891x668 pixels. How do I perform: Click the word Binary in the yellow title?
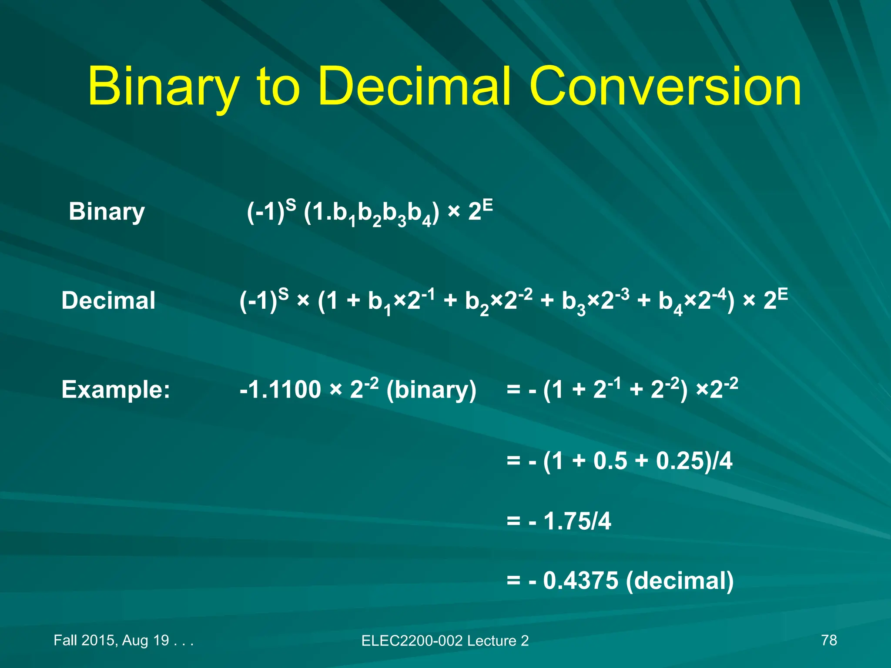(x=164, y=87)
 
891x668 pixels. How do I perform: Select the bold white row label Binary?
(x=107, y=212)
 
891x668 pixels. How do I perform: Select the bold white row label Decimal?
(x=108, y=301)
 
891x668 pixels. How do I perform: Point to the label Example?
(x=116, y=389)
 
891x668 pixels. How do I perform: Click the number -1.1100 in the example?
(x=280, y=389)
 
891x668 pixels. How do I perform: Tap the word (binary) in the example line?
(x=431, y=390)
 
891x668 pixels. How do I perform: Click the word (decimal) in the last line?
(x=680, y=581)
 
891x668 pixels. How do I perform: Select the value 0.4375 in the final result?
(x=581, y=581)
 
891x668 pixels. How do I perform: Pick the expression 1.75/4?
(x=577, y=521)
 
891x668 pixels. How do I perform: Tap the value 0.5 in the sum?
(x=610, y=461)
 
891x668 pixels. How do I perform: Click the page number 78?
(x=829, y=640)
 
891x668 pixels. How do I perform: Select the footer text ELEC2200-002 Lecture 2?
(x=445, y=641)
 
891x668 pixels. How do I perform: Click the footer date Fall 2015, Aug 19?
(x=111, y=640)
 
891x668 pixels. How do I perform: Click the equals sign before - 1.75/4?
(x=513, y=521)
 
